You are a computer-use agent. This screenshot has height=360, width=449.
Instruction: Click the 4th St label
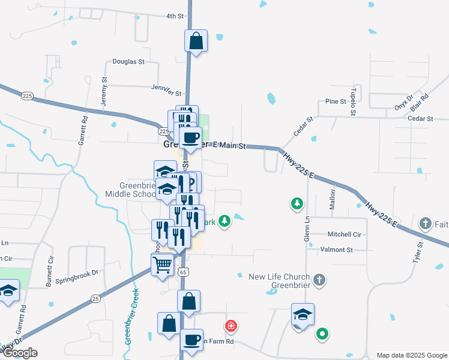tap(175, 16)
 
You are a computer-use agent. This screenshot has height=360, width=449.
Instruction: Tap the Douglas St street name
tap(128, 62)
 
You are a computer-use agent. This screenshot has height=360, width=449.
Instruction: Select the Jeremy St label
tap(104, 92)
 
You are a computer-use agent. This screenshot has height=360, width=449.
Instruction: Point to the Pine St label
tap(336, 101)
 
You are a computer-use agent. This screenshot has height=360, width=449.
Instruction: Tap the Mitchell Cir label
tap(344, 234)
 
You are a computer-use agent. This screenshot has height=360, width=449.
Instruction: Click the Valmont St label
tap(337, 249)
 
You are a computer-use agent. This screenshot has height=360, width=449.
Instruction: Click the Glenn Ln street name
tap(307, 227)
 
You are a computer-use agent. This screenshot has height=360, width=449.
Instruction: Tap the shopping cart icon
tap(162, 264)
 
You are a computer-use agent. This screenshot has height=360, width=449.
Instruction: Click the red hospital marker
tap(231, 326)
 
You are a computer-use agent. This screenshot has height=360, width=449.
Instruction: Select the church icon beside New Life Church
tap(319, 280)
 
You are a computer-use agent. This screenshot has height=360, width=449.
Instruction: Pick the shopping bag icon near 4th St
tap(196, 41)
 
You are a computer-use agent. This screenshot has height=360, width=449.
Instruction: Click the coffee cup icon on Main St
tap(191, 137)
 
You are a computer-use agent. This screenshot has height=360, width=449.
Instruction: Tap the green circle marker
tap(322, 334)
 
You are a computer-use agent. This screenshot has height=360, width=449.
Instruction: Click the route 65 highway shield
tap(182, 272)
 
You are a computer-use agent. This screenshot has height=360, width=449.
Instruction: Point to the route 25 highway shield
tap(95, 298)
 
